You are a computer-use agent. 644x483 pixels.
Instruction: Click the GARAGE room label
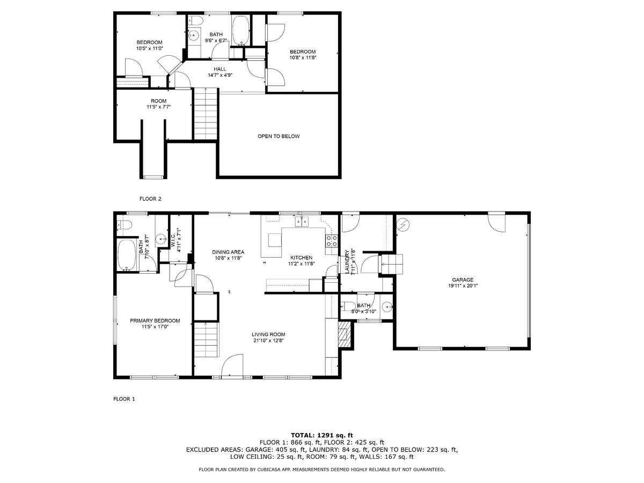[463, 280]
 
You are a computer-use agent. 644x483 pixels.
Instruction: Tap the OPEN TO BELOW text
[279, 136]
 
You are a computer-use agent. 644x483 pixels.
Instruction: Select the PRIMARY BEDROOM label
[155, 320]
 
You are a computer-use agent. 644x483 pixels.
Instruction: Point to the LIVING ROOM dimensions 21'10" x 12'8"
[268, 340]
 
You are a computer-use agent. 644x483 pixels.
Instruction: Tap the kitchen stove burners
[332, 241]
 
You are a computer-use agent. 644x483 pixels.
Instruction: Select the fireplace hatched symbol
[345, 334]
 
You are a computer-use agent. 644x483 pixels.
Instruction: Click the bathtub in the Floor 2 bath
[241, 31]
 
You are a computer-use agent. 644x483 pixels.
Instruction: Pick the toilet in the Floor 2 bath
[195, 20]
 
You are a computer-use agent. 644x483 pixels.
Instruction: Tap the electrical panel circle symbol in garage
[403, 225]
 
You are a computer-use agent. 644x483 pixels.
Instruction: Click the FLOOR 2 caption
[150, 199]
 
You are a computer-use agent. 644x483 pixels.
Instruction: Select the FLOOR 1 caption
[124, 399]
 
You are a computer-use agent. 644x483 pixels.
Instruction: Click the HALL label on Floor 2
[219, 69]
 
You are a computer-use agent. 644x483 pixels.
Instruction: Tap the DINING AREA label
[228, 252]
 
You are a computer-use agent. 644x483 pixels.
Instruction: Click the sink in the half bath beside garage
[388, 307]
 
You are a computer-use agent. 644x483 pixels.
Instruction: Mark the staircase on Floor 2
[206, 113]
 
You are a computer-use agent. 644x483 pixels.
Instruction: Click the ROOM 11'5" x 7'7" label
[159, 104]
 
